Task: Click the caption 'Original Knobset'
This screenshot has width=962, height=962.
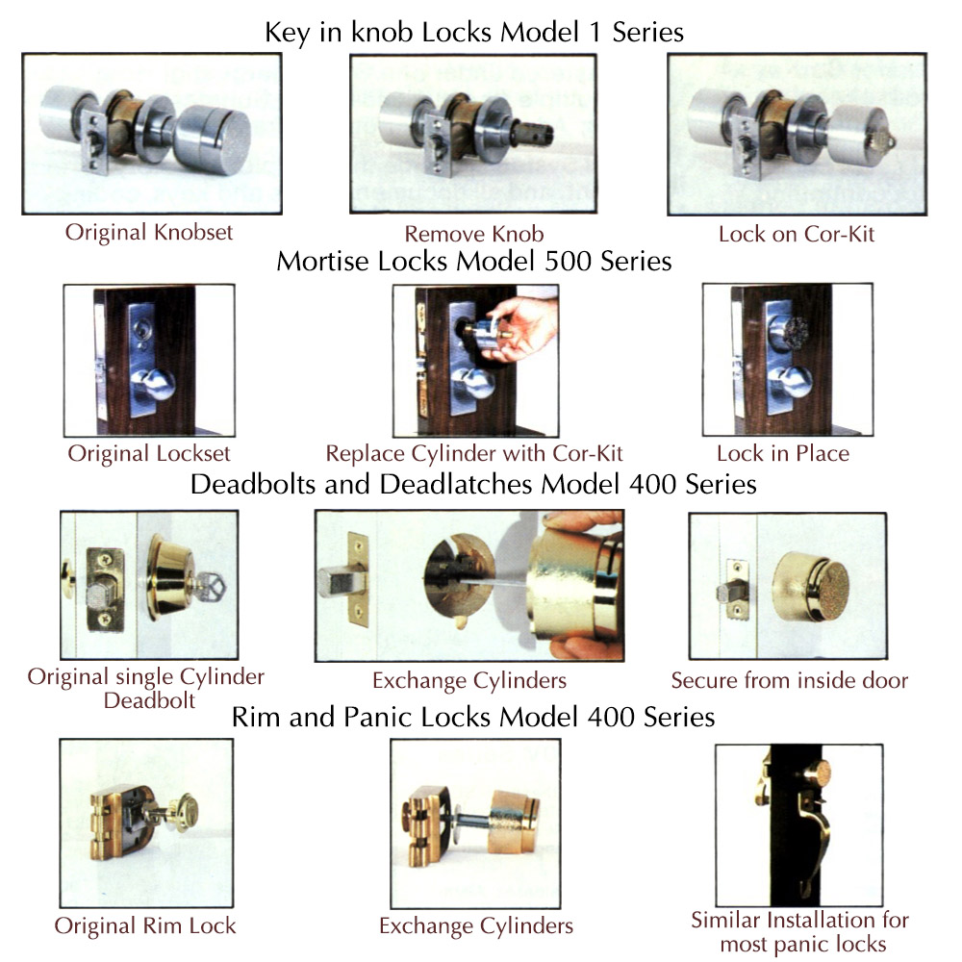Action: tap(149, 233)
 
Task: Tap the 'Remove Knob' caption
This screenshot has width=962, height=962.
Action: tap(474, 234)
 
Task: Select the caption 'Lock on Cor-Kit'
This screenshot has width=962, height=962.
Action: tap(797, 234)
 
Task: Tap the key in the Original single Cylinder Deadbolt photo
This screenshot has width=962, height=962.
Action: tap(210, 587)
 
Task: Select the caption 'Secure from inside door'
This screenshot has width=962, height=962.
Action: tap(790, 680)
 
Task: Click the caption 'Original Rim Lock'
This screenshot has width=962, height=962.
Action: tap(145, 925)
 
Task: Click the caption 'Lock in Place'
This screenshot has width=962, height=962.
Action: tap(783, 453)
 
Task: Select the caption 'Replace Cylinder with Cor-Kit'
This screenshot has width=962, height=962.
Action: tap(473, 453)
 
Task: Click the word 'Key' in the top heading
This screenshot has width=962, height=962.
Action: tap(287, 33)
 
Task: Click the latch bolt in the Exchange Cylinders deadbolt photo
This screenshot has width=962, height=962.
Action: tap(336, 583)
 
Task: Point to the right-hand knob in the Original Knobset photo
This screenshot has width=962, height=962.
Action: tap(213, 139)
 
